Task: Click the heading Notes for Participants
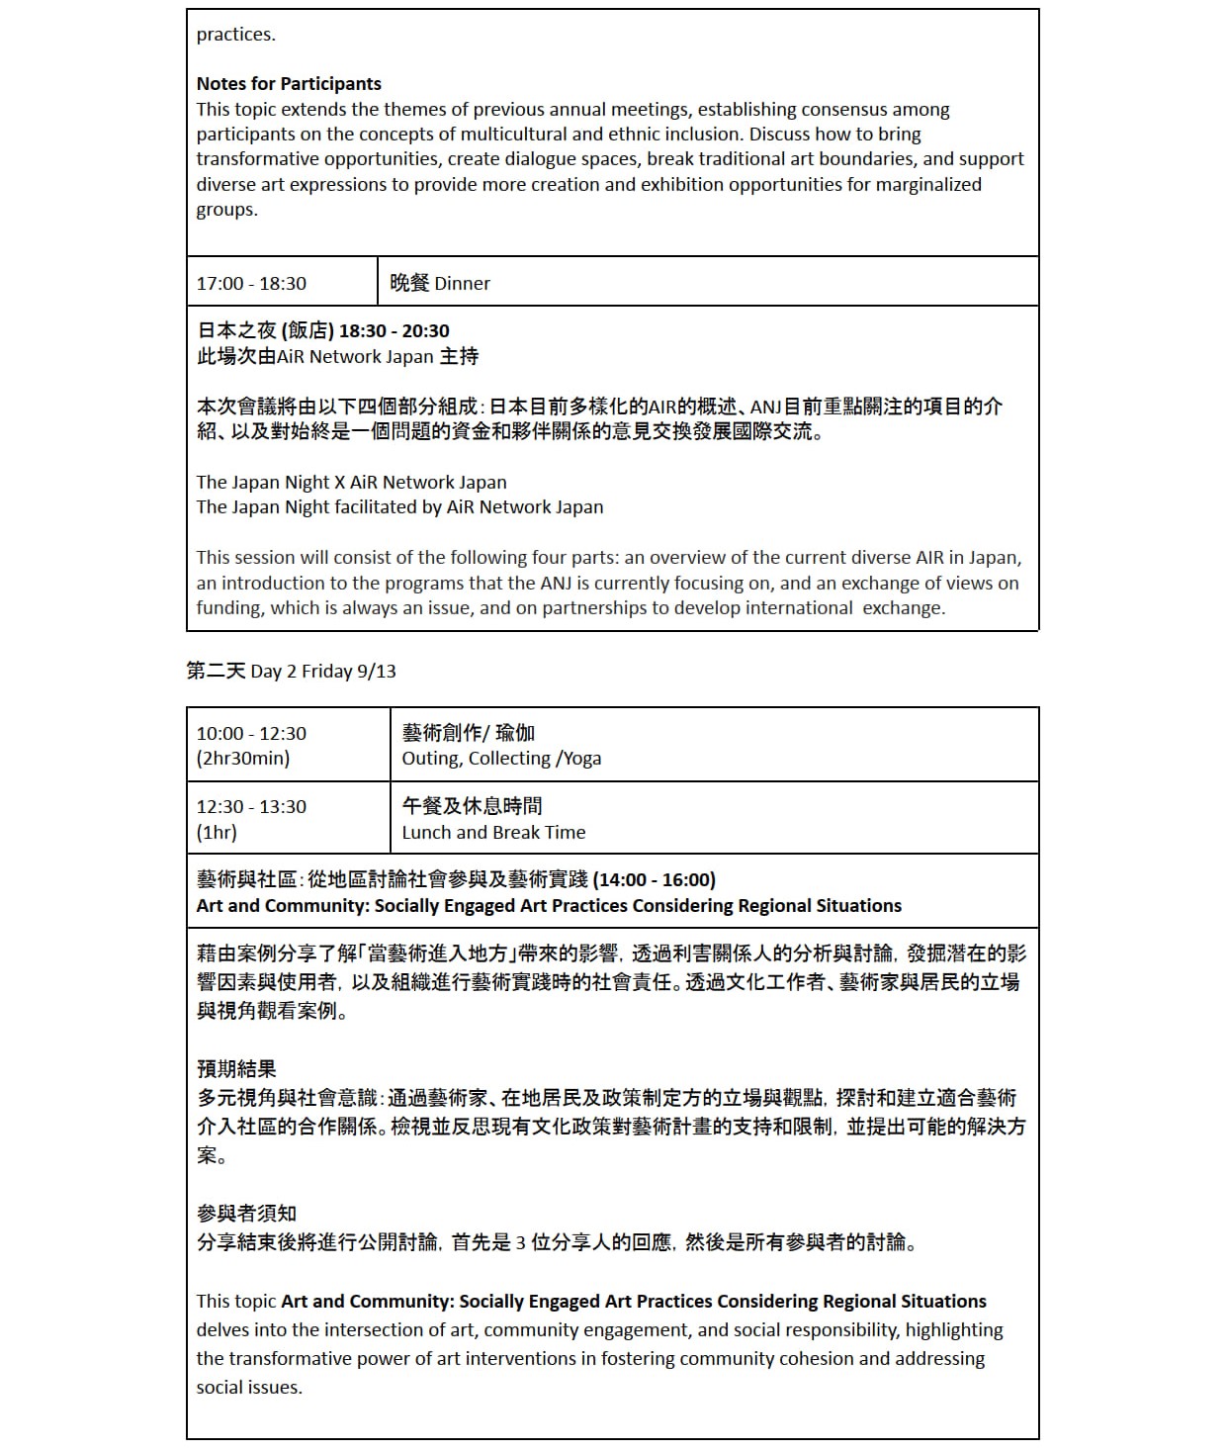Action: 288,84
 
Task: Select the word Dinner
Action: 462,284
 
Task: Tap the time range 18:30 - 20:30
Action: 394,331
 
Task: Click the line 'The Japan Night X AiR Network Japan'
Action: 351,483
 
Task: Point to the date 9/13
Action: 376,672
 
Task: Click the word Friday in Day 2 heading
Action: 326,672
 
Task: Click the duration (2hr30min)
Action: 243,759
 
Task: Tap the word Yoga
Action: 581,759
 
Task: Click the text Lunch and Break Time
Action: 493,833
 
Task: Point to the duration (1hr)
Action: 217,833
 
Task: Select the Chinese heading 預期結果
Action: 236,1069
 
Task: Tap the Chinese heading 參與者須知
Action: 246,1214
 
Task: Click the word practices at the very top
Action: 235,35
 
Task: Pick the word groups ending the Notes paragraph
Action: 226,210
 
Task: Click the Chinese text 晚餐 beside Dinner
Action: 409,284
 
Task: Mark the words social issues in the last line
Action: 248,1388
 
